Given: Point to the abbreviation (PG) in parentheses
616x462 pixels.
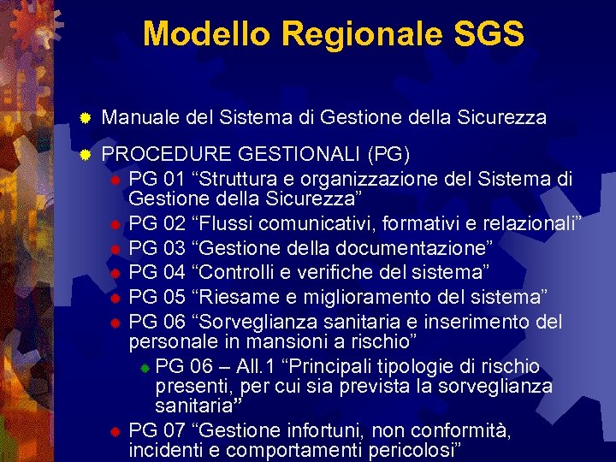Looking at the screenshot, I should coord(388,155).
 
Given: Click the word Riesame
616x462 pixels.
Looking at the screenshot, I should coord(222,297).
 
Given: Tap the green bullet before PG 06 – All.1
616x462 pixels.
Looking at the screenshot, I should coord(145,368).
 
